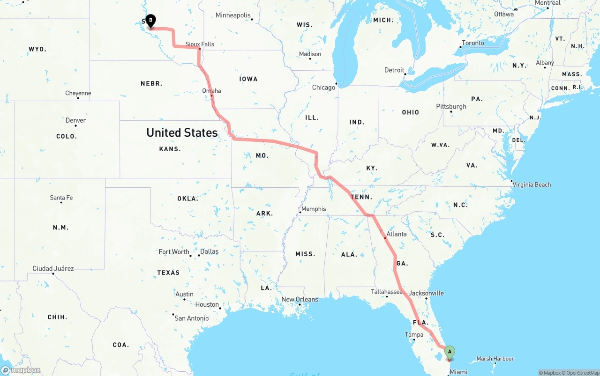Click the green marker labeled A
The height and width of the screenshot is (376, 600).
[x=450, y=352]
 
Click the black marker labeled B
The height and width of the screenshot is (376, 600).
[x=150, y=21]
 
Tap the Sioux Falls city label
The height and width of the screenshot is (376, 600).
[x=200, y=44]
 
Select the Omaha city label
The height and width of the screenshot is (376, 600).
[x=211, y=90]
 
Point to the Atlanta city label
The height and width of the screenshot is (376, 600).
[x=397, y=234]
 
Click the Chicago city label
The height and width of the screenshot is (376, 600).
[x=324, y=87]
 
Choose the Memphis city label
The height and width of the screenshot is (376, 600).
[x=314, y=209]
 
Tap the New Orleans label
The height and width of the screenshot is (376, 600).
[x=300, y=299]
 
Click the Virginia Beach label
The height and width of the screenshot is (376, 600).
[x=532, y=184]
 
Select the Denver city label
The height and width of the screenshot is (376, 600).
[x=76, y=120]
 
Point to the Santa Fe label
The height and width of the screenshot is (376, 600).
[x=61, y=198]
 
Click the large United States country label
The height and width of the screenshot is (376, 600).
[x=182, y=133]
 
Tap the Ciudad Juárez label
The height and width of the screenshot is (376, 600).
[x=53, y=268]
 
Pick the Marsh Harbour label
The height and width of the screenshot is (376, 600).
[x=495, y=359]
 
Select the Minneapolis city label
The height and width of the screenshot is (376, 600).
[x=233, y=15]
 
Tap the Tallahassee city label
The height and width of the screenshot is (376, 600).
[x=387, y=292]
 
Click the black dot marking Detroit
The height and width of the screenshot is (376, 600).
[x=405, y=74]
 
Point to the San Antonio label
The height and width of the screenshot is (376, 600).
[x=192, y=318]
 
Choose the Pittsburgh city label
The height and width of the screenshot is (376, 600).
[x=451, y=106]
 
